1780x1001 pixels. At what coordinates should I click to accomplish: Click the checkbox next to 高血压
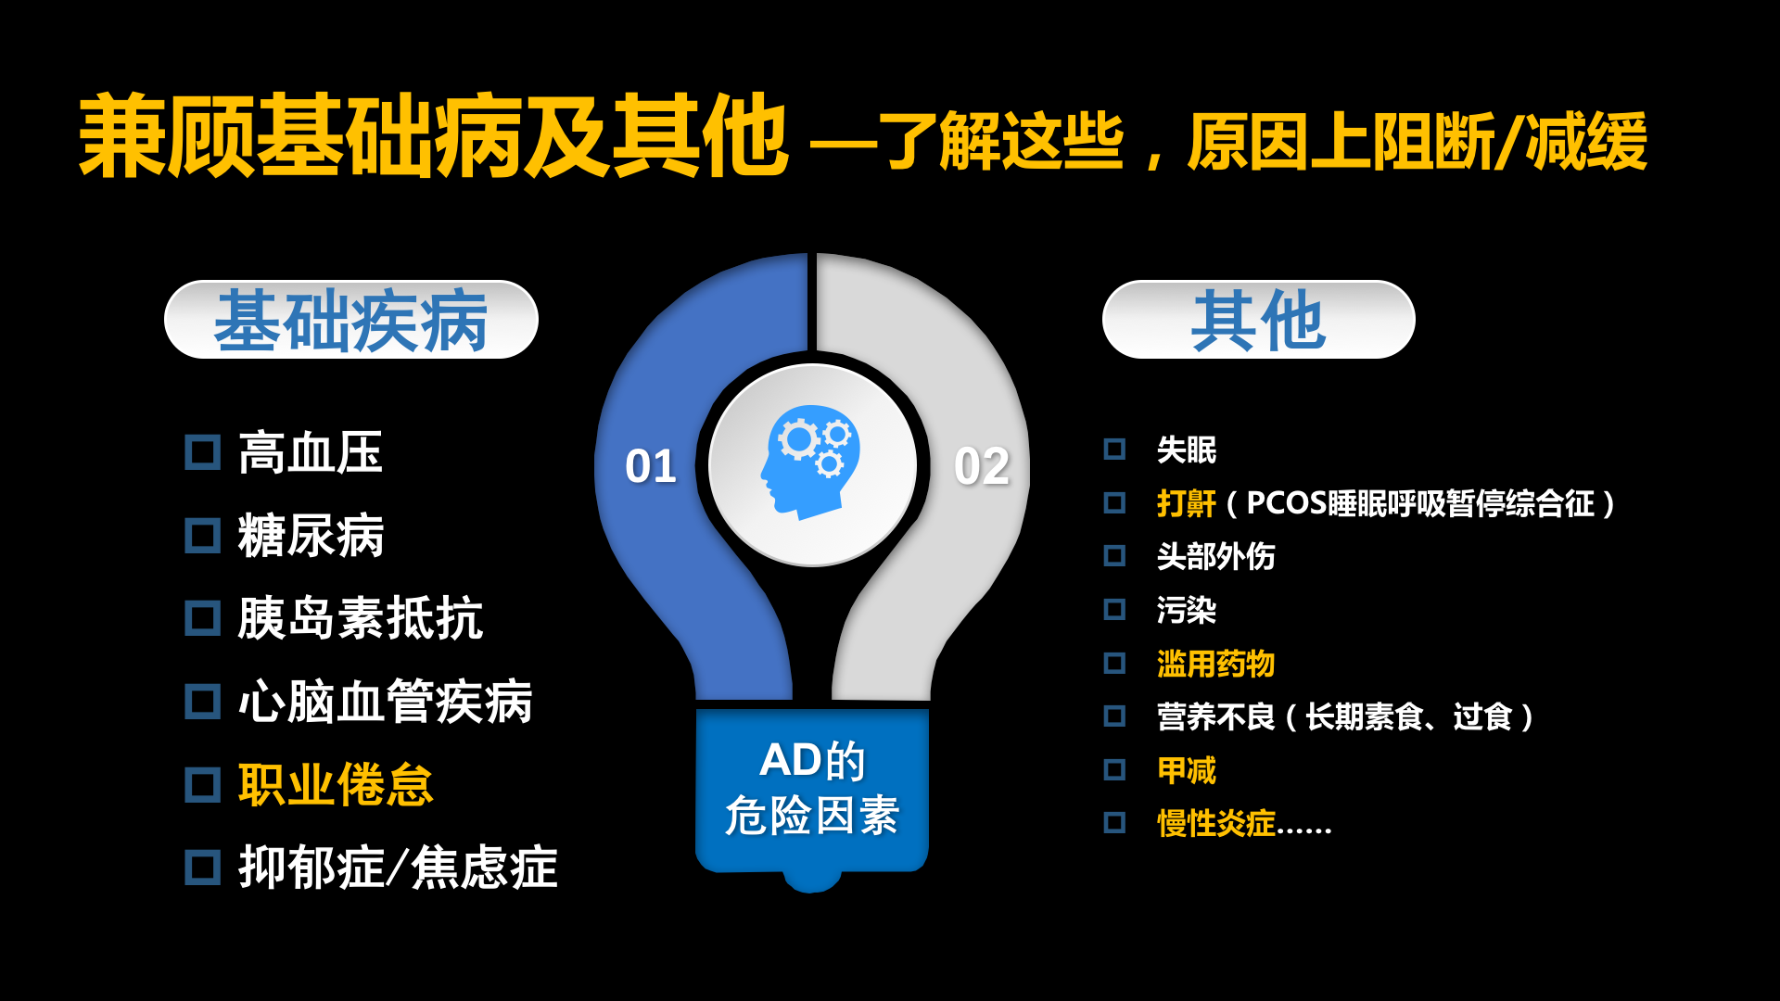click(x=203, y=453)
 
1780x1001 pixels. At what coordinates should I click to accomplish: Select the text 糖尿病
click(x=311, y=536)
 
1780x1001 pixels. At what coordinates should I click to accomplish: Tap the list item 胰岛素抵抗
click(x=361, y=618)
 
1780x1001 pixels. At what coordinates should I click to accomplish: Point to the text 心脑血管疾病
click(x=386, y=702)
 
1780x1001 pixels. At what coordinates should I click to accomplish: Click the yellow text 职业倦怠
click(x=336, y=785)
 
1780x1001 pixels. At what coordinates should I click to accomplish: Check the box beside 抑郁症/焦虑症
click(x=203, y=868)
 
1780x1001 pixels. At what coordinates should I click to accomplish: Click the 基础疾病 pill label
click(x=351, y=320)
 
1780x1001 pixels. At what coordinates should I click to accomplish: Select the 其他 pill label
click(x=1258, y=320)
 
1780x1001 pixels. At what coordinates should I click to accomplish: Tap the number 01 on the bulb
click(x=651, y=466)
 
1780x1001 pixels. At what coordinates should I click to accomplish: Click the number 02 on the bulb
click(x=982, y=466)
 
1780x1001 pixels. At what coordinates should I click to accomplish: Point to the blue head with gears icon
click(x=809, y=462)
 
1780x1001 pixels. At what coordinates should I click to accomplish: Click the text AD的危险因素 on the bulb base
click(x=812, y=789)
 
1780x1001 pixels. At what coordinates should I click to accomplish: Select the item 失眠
click(x=1187, y=450)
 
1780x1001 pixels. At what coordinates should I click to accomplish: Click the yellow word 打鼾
click(x=1187, y=503)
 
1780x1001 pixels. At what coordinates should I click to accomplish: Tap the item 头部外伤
click(x=1216, y=557)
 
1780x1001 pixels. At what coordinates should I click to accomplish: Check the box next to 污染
click(x=1114, y=610)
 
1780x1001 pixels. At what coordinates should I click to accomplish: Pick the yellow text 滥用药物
click(x=1216, y=664)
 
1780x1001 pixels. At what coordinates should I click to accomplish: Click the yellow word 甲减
click(x=1187, y=770)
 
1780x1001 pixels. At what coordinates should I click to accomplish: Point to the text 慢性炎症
click(x=1216, y=823)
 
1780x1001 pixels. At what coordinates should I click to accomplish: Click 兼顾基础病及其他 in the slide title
click(x=434, y=136)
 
